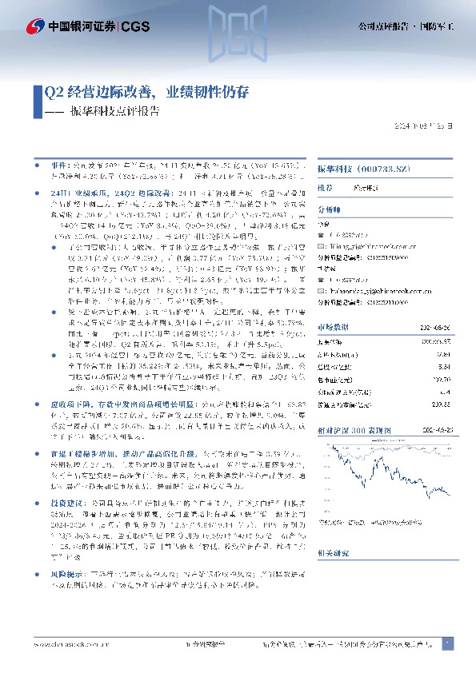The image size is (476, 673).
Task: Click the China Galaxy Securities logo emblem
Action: click(34, 27)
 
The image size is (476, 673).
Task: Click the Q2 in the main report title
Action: click(54, 93)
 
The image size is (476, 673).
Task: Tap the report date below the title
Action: click(429, 126)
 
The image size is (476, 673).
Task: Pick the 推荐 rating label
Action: click(326, 188)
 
